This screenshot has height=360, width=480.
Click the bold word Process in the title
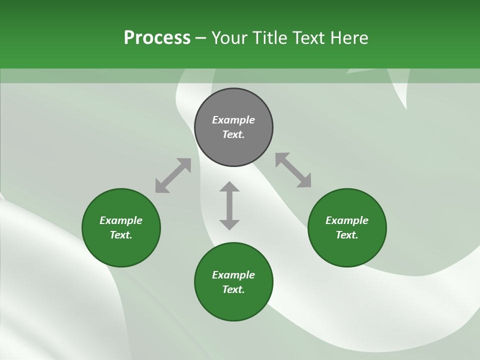157,38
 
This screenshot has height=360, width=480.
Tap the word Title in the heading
270,38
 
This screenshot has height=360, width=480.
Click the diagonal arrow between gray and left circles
173,175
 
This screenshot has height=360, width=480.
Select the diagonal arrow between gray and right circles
293,170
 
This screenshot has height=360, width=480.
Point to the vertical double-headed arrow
229,205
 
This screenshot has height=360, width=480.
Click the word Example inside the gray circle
233,120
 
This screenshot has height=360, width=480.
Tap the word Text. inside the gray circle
233,134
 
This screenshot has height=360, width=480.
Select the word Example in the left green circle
121,220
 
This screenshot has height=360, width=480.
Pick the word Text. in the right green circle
347,235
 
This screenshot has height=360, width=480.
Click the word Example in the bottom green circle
233,275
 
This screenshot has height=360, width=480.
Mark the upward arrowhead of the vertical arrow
229,186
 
